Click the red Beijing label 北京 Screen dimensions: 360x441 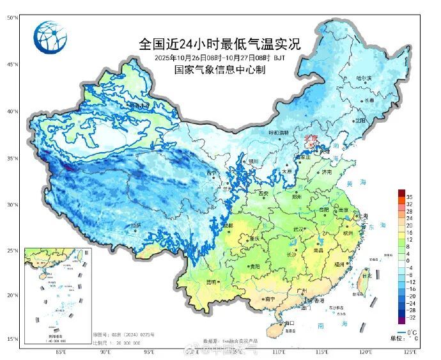coord(311,137)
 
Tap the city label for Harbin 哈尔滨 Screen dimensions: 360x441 coord(363,78)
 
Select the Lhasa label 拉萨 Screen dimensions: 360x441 coord(135,225)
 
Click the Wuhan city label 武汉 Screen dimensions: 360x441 coord(296,228)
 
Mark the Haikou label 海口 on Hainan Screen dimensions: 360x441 coord(289,324)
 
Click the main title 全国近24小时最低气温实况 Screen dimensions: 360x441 coord(219,44)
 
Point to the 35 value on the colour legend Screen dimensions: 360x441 coord(409,197)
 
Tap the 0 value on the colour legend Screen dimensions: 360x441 coord(408,261)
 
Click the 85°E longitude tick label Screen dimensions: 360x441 coord(61,352)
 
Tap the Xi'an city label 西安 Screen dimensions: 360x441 coord(262,193)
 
